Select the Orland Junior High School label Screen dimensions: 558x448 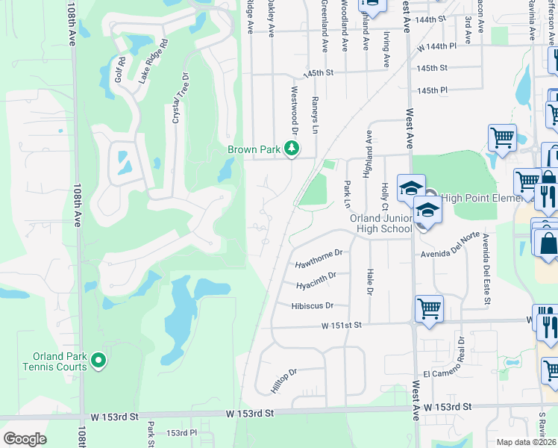[x=380, y=223]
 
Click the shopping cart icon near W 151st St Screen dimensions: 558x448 [x=429, y=308]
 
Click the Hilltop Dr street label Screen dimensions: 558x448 [x=284, y=381]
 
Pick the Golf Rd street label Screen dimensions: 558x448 [x=117, y=69]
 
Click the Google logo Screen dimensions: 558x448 [x=25, y=438]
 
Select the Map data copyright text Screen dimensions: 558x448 [x=527, y=442]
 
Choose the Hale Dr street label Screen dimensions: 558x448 [x=369, y=282]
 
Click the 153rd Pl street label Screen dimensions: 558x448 [x=181, y=432]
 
